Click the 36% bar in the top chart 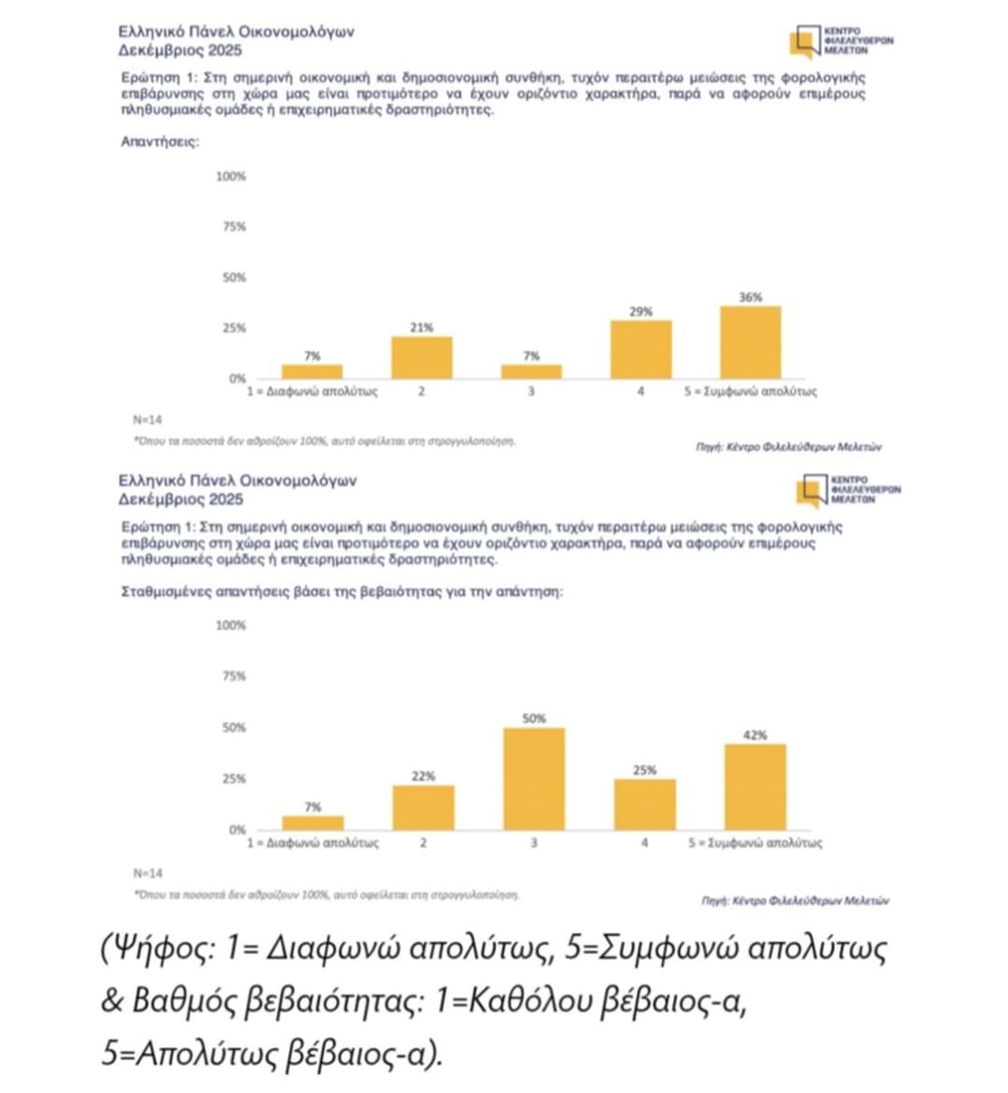(750, 342)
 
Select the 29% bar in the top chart (641, 349)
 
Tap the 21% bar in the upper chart (421, 357)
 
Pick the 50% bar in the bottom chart (534, 779)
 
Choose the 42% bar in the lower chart (756, 786)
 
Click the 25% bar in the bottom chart (645, 804)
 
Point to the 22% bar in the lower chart (423, 807)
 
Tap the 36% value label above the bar (750, 297)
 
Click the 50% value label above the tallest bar (534, 719)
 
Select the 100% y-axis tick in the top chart (231, 176)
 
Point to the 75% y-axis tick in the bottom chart (233, 676)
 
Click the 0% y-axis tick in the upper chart (237, 378)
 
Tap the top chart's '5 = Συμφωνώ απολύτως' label (750, 391)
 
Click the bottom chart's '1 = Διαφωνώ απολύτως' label (313, 843)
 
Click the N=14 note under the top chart (147, 419)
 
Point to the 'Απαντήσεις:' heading (160, 142)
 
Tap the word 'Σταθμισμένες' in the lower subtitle (166, 592)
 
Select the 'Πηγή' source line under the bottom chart (795, 900)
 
